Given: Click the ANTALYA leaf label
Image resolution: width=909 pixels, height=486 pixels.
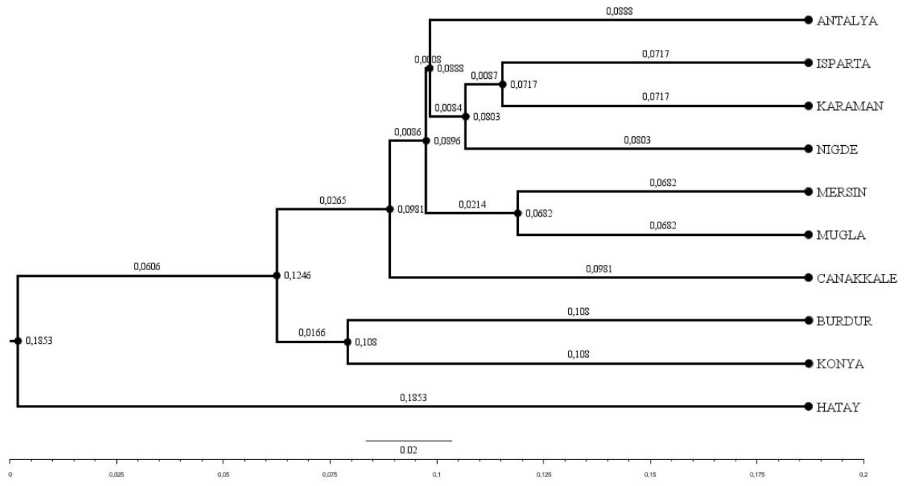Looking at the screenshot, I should click(847, 21).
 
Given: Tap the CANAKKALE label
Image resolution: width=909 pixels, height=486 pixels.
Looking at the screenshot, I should click(857, 278).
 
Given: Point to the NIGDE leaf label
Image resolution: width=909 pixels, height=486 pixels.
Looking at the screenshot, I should click(839, 150).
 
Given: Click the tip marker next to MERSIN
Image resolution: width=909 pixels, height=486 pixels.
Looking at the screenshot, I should click(808, 192).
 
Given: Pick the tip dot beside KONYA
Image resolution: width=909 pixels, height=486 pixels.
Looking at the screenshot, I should click(808, 364).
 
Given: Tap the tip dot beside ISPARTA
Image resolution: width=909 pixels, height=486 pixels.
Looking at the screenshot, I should click(808, 63).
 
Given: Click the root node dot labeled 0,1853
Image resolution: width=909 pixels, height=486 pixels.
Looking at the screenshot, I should click(18, 341).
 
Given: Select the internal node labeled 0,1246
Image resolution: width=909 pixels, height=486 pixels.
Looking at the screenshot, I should click(277, 275).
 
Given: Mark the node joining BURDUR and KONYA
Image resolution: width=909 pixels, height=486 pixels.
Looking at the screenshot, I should click(348, 342).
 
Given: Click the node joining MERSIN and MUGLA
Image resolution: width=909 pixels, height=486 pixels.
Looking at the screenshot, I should click(517, 214).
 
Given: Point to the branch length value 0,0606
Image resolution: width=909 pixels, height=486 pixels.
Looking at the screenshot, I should click(147, 266).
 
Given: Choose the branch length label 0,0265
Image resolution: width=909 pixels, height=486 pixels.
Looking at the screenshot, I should click(333, 200).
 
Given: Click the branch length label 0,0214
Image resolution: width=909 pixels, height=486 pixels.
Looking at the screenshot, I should click(471, 204).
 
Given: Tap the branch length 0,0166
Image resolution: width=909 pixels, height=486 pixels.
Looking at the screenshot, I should click(312, 333).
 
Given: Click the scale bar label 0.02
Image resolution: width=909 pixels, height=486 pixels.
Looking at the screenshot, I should click(409, 450).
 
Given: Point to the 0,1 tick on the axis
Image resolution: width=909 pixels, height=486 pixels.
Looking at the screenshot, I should click(437, 473).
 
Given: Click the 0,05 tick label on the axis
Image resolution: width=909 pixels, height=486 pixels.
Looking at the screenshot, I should click(223, 473).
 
